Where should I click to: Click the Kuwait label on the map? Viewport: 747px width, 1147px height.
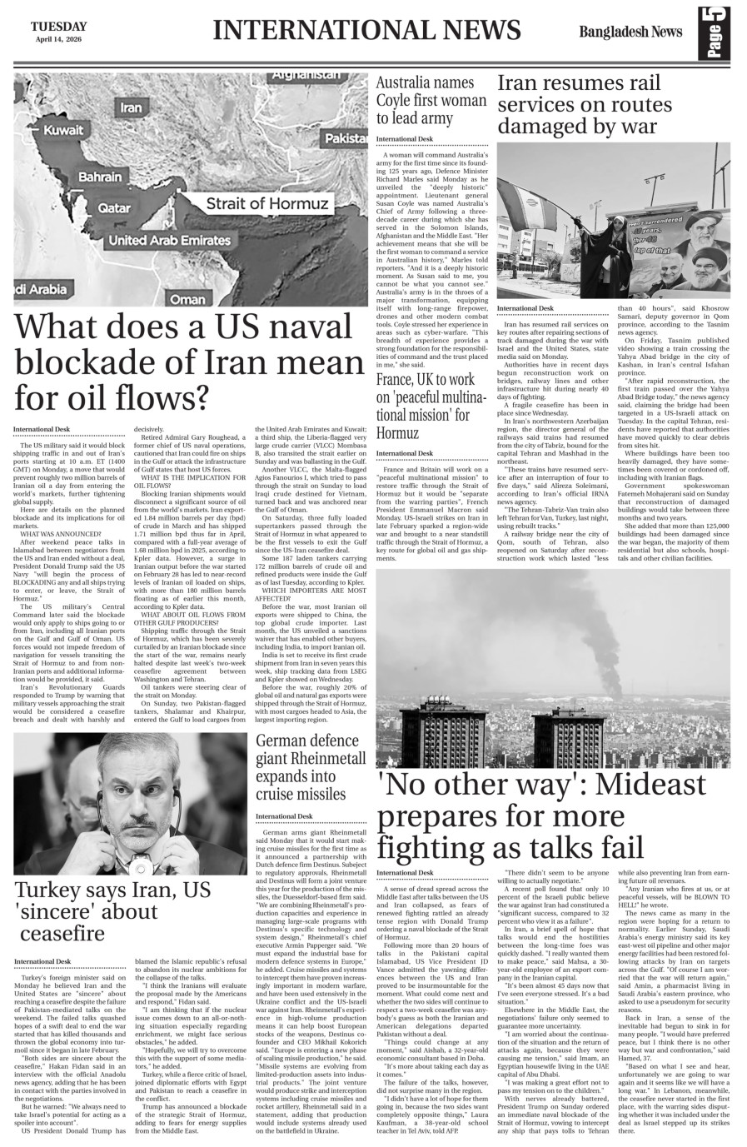(63, 131)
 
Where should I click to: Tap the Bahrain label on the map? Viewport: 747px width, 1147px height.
(101, 177)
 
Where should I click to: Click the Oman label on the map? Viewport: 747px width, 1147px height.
(187, 299)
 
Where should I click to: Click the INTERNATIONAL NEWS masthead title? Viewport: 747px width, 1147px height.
(366, 31)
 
